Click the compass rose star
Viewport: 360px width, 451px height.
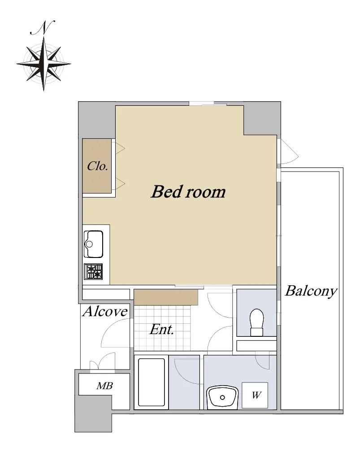coord(43,64)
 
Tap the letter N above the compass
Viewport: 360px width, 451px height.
coord(42,28)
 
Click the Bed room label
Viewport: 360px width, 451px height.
coord(188,192)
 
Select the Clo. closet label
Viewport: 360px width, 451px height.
coord(97,166)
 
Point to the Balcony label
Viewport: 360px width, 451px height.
coord(311,292)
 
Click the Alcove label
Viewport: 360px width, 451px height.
coord(105,311)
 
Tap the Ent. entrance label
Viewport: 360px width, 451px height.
coord(161,329)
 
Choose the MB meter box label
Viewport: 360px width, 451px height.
coord(104,386)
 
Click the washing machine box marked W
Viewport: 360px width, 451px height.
coord(255,395)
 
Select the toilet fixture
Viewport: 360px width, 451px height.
coord(256,322)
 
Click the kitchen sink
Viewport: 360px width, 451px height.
coord(94,244)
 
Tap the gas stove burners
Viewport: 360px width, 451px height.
coord(93,271)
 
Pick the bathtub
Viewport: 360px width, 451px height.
coord(151,382)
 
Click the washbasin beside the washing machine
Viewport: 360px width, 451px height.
coord(222,397)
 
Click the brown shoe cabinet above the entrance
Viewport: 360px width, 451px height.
coord(166,297)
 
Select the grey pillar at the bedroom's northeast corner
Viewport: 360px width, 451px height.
coord(262,119)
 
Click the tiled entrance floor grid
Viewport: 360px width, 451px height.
coord(162,328)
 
